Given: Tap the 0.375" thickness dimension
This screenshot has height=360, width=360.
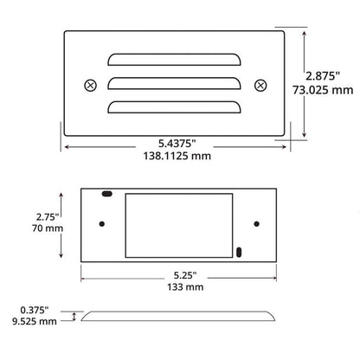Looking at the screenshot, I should pyautogui.click(x=37, y=307).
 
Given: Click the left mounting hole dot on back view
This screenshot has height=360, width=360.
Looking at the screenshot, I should pyautogui.click(x=102, y=224).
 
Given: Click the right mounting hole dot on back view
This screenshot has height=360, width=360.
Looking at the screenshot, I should pyautogui.click(x=256, y=224).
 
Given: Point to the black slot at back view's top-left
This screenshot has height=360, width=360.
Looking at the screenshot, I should pyautogui.click(x=106, y=196).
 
